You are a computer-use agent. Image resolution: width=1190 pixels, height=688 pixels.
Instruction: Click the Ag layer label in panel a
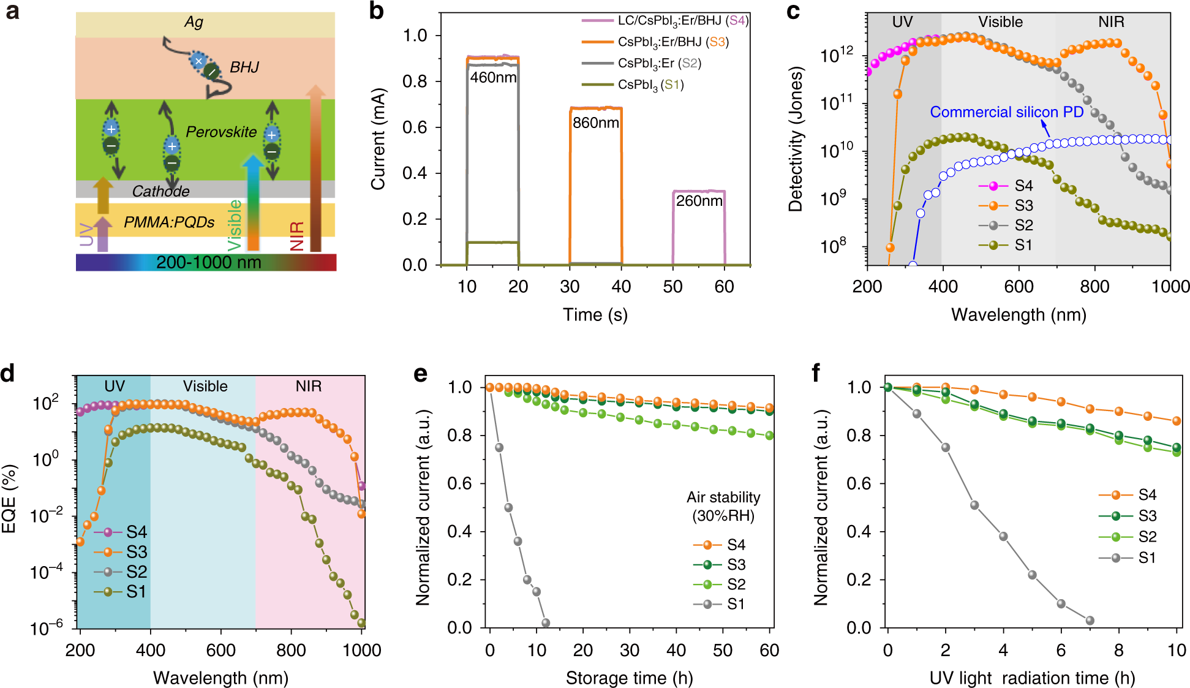coord(194,23)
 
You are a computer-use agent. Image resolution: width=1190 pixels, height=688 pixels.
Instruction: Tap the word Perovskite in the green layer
coord(221,132)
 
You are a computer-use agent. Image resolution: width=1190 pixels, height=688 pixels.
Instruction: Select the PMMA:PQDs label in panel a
coord(169,222)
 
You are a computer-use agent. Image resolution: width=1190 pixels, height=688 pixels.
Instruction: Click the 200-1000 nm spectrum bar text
coord(208,263)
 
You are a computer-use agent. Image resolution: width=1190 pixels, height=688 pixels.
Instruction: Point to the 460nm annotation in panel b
coord(493,78)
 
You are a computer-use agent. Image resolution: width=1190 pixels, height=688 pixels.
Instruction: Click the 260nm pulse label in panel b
coord(699,201)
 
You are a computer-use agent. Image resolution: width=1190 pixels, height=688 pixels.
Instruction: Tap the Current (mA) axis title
coord(378,139)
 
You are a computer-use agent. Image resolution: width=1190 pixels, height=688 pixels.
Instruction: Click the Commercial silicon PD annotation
coord(1006,112)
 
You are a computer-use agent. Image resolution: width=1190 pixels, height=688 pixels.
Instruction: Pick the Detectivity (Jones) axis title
coord(796,139)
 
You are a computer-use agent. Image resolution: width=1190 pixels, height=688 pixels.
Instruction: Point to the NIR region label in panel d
coord(308,387)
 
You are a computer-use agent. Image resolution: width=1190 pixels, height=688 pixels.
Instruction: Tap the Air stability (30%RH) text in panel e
coord(723,506)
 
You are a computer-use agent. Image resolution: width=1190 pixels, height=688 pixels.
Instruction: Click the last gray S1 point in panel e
coord(546,622)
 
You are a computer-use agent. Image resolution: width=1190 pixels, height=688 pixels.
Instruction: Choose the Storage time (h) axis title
coord(629,678)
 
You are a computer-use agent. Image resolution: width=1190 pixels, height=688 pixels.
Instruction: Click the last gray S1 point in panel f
coord(1090,621)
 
